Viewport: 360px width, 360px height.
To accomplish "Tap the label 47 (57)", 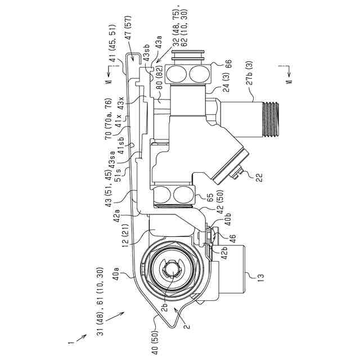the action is pyautogui.click(x=129, y=28).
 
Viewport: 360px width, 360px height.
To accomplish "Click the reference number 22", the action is pyautogui.click(x=259, y=178).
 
